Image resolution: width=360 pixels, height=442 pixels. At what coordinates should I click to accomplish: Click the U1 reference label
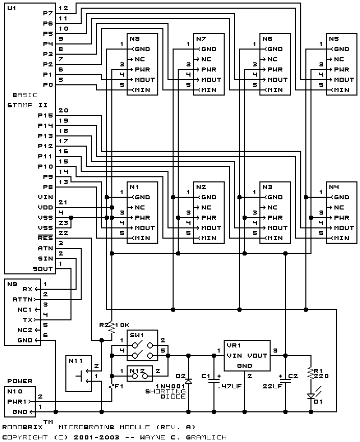(x=12, y=8)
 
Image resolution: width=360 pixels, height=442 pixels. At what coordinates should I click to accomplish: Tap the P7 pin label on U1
(x=48, y=13)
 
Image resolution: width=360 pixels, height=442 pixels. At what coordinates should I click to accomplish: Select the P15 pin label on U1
(x=45, y=115)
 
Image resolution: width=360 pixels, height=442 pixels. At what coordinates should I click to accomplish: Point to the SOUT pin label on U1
(x=43, y=269)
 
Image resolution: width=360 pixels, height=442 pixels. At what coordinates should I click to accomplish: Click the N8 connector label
(x=135, y=39)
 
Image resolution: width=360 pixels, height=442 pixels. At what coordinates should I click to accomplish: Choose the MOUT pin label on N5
(x=344, y=80)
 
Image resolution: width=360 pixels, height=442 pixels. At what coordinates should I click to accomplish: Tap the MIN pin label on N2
(x=209, y=238)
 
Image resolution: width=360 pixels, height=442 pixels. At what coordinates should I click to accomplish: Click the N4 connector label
(x=334, y=187)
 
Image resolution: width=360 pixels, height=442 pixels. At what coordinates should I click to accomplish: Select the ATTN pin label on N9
(x=23, y=299)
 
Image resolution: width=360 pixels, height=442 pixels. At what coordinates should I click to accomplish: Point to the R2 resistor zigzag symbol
(x=112, y=328)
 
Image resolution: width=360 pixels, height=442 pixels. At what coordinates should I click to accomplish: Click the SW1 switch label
(x=137, y=335)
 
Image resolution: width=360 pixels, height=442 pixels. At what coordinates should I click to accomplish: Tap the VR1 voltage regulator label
(x=234, y=345)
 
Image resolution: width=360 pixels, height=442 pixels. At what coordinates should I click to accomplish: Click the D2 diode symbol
(x=188, y=382)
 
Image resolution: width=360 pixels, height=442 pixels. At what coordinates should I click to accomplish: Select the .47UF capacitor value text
(x=229, y=386)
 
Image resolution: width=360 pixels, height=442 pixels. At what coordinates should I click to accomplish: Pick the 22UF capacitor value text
(x=272, y=386)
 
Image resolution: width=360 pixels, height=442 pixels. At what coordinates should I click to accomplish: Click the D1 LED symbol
(x=311, y=396)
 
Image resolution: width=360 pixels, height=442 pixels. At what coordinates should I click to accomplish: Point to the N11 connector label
(x=76, y=361)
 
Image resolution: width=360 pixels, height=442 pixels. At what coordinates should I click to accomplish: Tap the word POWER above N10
(x=20, y=381)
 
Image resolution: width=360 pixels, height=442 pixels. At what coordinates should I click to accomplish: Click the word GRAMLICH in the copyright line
(x=206, y=437)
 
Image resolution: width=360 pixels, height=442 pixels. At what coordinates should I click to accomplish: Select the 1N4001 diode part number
(x=171, y=386)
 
